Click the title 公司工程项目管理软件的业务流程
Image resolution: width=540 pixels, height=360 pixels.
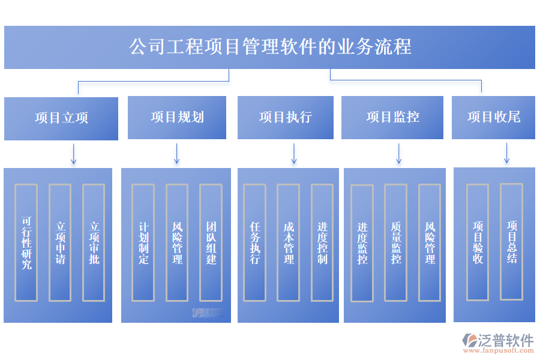270,47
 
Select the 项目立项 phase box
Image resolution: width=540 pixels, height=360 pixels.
61,118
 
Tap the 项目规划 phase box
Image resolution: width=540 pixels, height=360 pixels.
177,117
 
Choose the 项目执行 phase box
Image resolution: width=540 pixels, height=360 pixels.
285,117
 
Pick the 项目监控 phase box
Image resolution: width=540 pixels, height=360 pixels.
392,117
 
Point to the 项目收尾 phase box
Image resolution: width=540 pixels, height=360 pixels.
493,117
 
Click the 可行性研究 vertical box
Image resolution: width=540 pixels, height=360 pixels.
26,242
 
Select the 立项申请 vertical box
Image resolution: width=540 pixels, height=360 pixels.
60,242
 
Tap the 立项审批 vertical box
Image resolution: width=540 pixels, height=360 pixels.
94,242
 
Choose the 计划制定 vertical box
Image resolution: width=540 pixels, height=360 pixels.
143,242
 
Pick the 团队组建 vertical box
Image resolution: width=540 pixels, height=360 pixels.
211,242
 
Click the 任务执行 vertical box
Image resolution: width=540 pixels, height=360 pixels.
254,242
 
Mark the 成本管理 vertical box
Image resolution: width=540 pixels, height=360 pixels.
289,242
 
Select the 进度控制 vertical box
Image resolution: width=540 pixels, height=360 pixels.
322,242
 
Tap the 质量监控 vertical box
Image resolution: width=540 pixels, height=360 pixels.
396,242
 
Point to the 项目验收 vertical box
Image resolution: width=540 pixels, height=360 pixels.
478,242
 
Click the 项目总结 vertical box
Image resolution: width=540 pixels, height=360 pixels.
511,242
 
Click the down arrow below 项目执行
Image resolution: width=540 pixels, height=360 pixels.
294,154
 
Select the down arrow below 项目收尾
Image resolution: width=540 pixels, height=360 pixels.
506,153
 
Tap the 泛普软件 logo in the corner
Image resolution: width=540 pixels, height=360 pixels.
498,341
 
